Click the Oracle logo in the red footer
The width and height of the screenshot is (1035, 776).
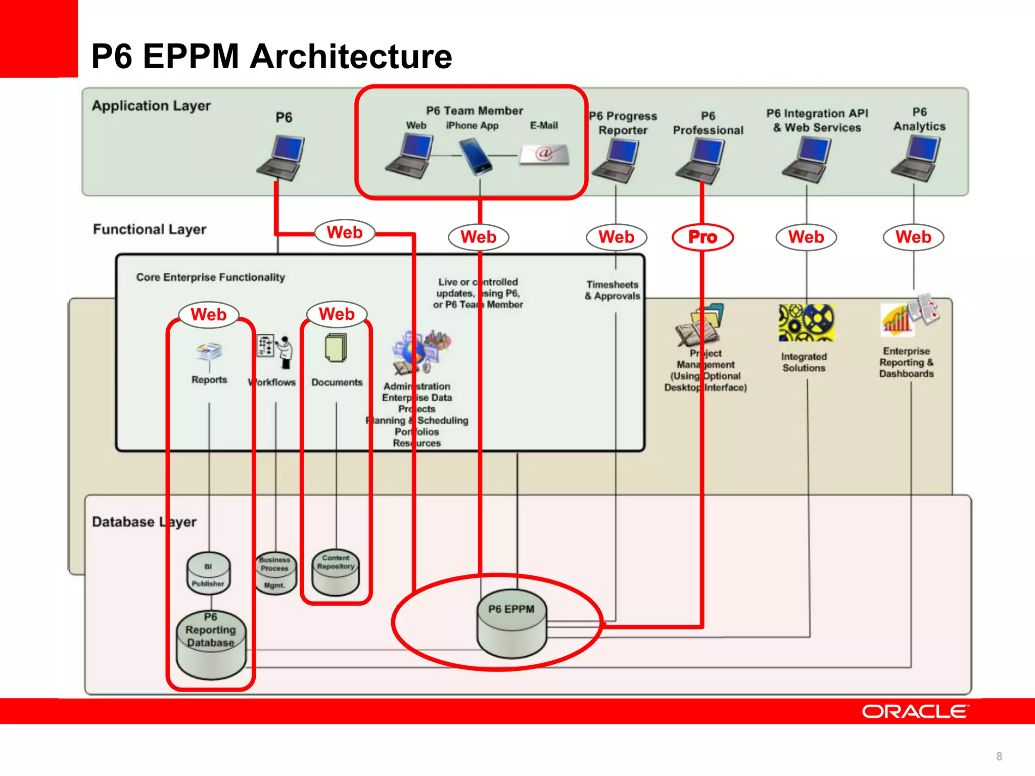point(915,711)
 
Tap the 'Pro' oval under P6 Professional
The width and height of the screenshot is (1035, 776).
point(702,237)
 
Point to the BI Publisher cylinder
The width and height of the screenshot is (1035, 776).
point(208,574)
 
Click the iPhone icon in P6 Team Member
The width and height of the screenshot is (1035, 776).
point(475,157)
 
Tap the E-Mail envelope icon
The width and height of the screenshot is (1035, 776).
point(545,154)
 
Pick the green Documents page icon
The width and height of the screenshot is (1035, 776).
point(336,348)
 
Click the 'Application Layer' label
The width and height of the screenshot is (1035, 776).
point(151,106)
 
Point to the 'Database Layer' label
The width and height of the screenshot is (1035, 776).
point(144,522)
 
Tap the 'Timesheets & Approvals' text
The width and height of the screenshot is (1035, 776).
point(613,290)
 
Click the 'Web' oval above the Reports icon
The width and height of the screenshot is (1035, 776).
point(209,315)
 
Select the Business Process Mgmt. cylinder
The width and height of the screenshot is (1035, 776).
point(275,573)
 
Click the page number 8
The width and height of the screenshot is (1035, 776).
point(999,756)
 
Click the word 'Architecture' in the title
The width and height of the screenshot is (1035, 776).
point(351,57)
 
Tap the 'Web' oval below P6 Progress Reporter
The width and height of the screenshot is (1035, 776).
point(617,237)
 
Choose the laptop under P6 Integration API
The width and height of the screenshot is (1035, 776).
point(807,160)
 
